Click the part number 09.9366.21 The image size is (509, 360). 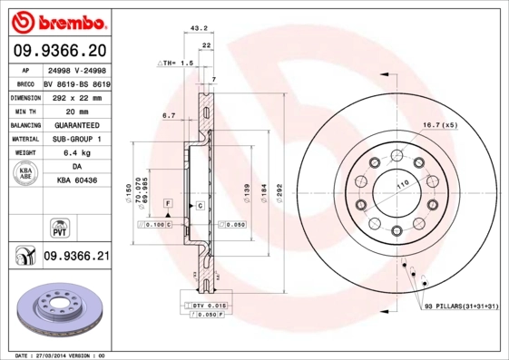click(x=76, y=257)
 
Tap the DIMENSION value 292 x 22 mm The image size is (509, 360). click(x=75, y=95)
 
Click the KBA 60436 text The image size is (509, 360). click(x=75, y=181)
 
